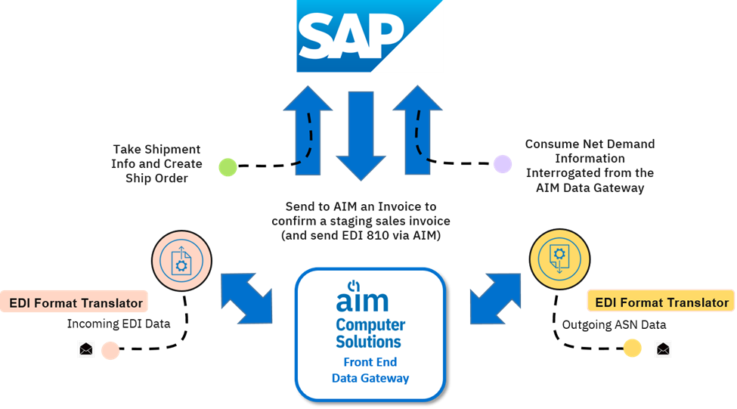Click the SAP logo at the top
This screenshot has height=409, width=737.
(369, 36)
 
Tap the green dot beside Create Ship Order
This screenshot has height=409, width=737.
(228, 167)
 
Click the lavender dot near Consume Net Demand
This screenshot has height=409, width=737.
(503, 163)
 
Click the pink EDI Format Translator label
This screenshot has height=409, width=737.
(75, 302)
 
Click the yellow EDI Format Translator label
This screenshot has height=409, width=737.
(661, 302)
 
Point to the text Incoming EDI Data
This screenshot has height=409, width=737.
(119, 324)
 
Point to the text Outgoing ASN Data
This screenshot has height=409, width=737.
(614, 324)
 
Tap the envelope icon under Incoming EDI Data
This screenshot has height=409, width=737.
(86, 349)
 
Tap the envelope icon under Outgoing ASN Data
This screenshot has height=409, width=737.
(663, 349)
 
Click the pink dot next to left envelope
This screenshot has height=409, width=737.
(110, 350)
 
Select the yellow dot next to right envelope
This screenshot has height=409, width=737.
(632, 349)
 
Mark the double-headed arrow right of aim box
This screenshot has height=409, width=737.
(495, 296)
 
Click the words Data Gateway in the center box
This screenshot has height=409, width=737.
(370, 377)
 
